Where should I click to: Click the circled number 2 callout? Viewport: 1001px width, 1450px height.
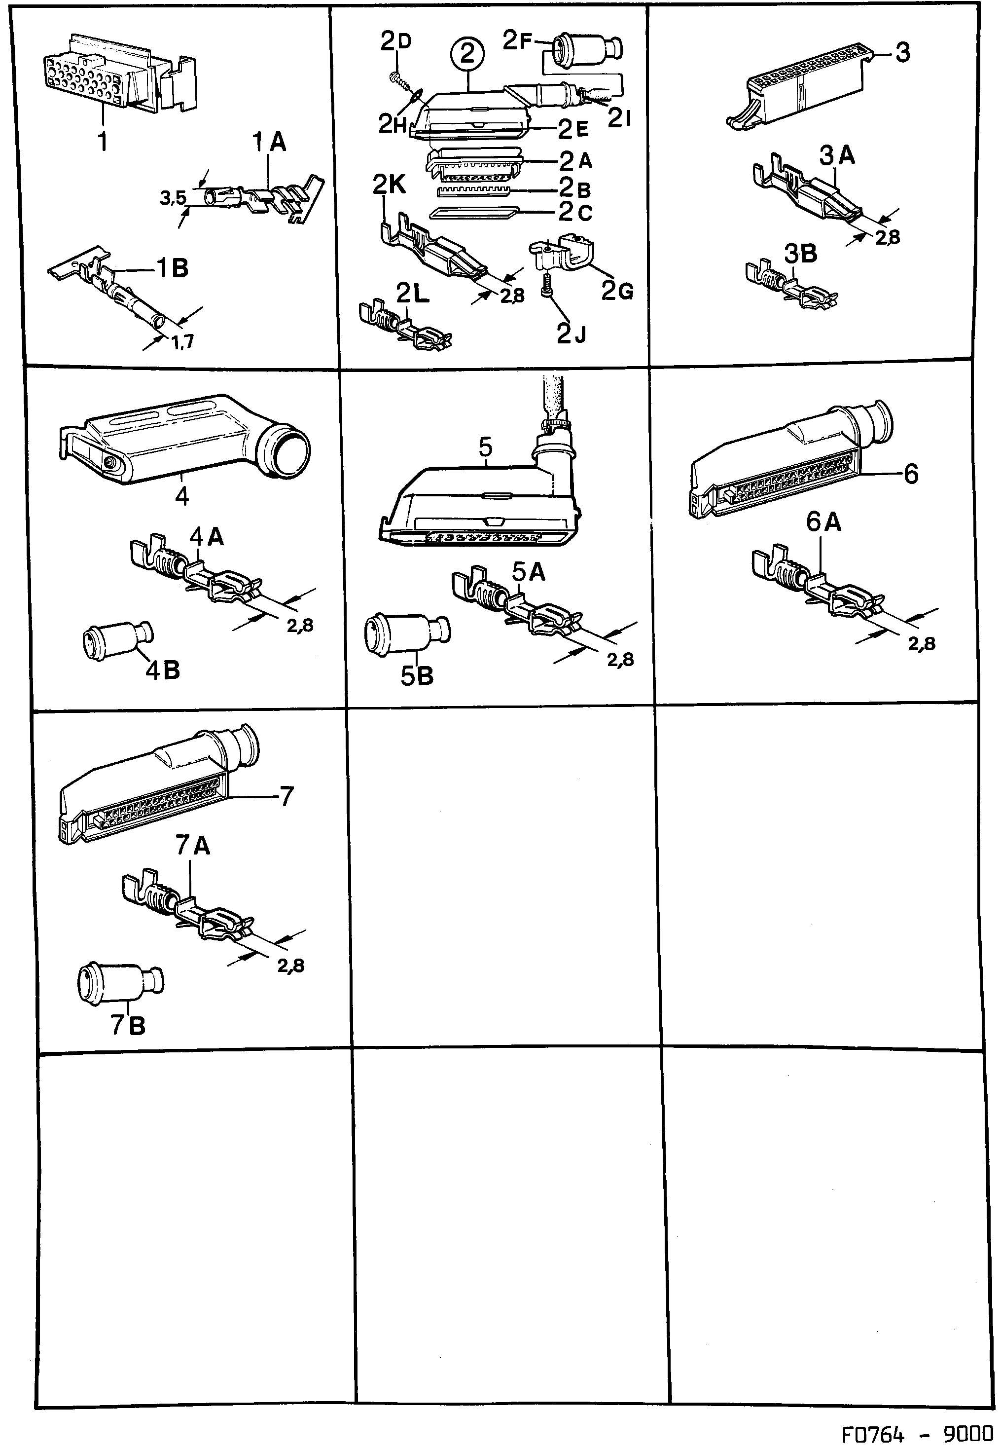tap(467, 55)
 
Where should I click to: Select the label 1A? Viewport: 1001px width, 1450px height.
tap(270, 143)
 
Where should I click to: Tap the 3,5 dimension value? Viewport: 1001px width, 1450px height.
tap(173, 198)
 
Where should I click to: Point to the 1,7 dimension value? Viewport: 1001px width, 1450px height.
tap(182, 341)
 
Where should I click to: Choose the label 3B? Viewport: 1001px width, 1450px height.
tap(800, 254)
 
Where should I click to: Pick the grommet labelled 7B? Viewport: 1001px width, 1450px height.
tap(120, 982)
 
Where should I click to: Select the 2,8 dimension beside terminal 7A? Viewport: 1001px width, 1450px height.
tap(290, 966)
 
